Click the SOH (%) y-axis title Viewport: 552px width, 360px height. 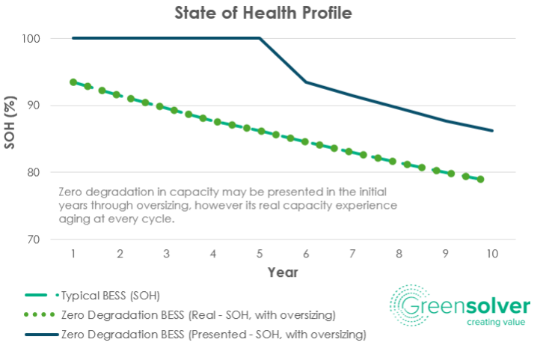10,123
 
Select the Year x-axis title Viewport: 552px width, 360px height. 283,272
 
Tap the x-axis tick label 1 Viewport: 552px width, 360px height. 73,254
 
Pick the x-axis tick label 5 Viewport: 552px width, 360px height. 260,254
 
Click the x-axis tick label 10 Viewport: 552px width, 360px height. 492,254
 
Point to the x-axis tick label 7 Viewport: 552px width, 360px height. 352,254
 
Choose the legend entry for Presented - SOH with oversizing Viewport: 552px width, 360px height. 213,335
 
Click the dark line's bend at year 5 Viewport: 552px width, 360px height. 260,38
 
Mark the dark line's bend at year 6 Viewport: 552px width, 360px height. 306,82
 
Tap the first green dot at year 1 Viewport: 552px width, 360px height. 73,82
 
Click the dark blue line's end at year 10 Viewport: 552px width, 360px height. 492,130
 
